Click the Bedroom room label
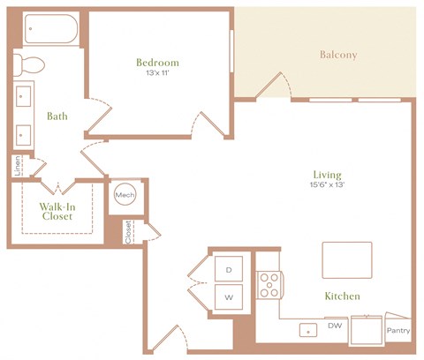[x=157, y=63]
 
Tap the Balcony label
[x=338, y=56]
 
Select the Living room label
[x=326, y=175]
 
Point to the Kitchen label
[x=341, y=296]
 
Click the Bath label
[x=58, y=116]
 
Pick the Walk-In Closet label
[x=55, y=212]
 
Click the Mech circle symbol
[x=122, y=195]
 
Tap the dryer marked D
[x=228, y=268]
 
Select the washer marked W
[x=228, y=297]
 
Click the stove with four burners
[x=269, y=285]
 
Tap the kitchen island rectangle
[x=346, y=259]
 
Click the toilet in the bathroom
[x=31, y=63]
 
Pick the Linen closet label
[x=17, y=165]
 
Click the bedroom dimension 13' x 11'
[x=157, y=75]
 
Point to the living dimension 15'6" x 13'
[x=326, y=186]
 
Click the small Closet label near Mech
[x=129, y=231]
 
